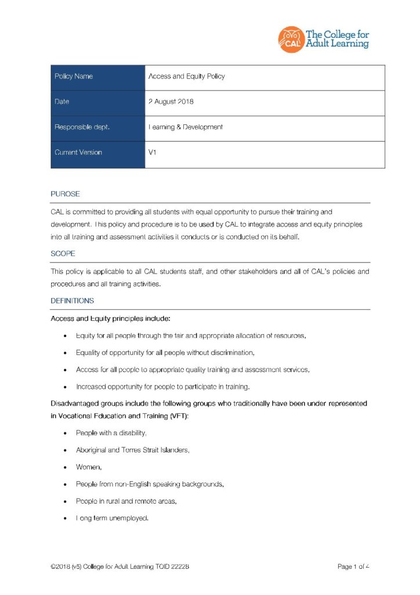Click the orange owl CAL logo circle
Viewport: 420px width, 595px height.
[291, 39]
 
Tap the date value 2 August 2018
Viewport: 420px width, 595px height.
[171, 102]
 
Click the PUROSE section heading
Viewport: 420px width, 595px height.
[65, 193]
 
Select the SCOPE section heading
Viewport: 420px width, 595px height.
[63, 253]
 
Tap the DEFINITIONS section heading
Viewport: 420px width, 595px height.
[72, 301]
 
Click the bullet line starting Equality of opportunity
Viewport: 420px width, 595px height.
[165, 353]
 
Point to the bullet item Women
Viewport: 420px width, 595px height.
[87, 467]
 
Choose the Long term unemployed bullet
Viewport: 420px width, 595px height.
[113, 517]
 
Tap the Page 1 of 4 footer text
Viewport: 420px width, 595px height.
[353, 567]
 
